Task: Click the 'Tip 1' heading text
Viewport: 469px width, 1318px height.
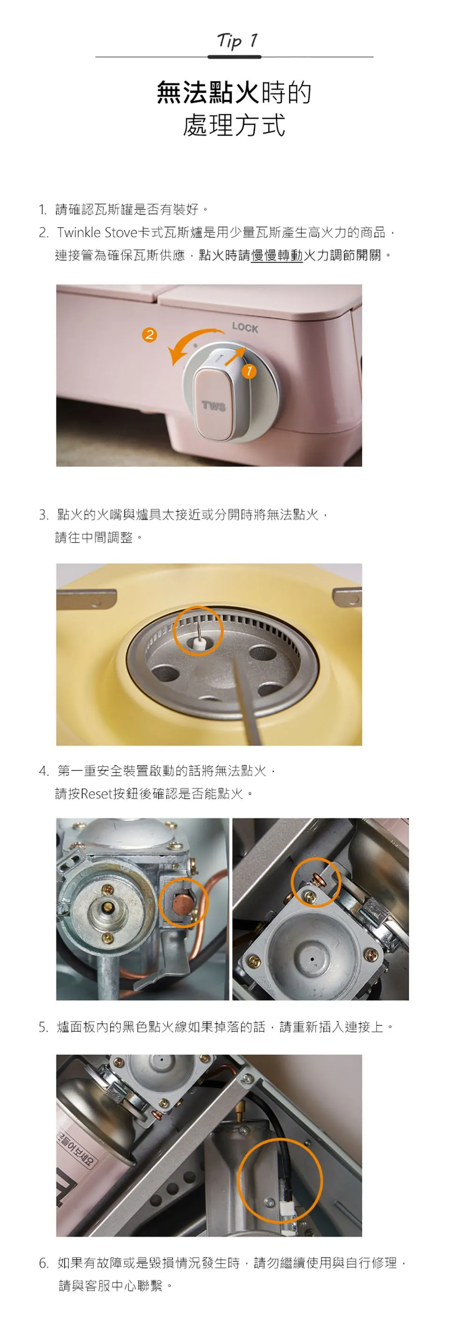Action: point(237,40)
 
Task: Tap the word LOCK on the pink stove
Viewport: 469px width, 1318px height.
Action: point(245,328)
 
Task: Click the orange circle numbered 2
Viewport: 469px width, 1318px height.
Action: point(149,335)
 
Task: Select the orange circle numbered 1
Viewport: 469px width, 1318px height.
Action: point(249,370)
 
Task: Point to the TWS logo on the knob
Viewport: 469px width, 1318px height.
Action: point(213,406)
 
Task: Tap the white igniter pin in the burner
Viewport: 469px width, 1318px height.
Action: point(197,637)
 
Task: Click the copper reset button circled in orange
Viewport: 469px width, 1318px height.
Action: point(180,904)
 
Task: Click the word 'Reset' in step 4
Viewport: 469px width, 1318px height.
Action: point(96,794)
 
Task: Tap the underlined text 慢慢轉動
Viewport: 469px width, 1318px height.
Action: point(277,255)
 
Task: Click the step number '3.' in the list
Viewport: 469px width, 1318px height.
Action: point(44,515)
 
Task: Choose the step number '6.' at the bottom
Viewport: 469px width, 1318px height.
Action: point(44,1263)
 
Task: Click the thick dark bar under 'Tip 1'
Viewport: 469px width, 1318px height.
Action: point(234,57)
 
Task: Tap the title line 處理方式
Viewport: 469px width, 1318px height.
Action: point(234,125)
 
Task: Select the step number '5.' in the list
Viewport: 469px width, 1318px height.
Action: point(44,1027)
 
